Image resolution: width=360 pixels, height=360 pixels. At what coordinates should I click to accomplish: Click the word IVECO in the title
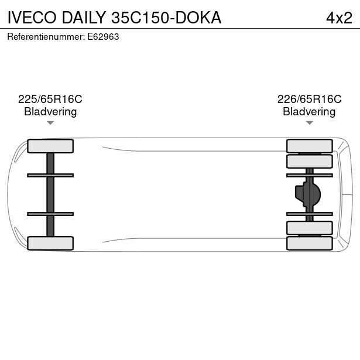tap(32, 18)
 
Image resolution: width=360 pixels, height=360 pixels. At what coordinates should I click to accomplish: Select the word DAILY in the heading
tap(84, 18)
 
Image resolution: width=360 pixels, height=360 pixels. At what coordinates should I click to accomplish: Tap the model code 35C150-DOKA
tap(166, 18)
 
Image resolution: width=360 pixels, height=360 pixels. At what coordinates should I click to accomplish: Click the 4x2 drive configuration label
tap(339, 18)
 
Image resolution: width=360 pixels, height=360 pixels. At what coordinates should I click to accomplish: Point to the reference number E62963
tap(103, 37)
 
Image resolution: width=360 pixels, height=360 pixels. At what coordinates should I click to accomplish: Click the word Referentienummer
tap(46, 37)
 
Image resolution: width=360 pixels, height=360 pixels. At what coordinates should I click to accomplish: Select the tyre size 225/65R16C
tap(50, 99)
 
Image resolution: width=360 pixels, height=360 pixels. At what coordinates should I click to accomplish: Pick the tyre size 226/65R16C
tap(309, 99)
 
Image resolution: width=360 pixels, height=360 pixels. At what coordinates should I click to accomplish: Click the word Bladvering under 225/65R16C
tap(50, 112)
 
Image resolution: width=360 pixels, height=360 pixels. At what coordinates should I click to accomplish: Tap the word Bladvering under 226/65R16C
tap(309, 112)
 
